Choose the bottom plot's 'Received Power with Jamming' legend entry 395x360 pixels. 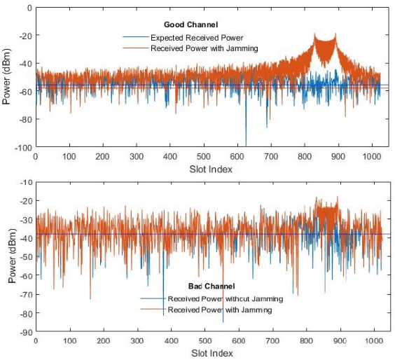coord(220,309)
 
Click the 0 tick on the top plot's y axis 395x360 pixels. coord(28,8)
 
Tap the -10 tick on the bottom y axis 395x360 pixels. coord(23,181)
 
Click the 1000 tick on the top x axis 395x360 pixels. coord(373,158)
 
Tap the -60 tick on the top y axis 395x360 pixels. coord(23,92)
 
